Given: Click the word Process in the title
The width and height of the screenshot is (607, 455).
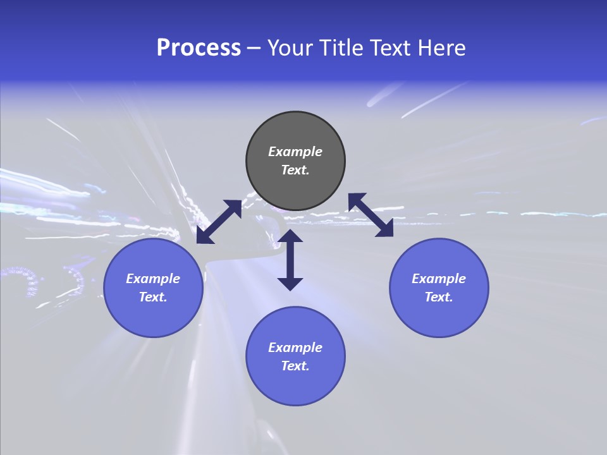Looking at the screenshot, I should click(199, 48).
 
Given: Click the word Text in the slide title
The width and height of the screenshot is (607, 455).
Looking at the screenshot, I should click(392, 48).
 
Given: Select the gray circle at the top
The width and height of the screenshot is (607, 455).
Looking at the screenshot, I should click(295, 133).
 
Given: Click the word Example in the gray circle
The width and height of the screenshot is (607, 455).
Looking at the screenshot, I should click(295, 152).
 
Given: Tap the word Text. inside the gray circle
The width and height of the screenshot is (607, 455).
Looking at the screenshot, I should click(295, 170).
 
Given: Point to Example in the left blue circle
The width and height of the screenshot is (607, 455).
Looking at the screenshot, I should click(153, 279).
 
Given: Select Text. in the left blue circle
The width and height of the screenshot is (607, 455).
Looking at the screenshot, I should click(153, 297).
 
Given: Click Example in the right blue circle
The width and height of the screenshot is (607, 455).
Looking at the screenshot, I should click(439, 279).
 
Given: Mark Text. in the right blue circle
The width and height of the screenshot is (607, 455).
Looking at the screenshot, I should click(439, 297).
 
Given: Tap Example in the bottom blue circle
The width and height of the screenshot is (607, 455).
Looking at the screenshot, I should click(295, 348).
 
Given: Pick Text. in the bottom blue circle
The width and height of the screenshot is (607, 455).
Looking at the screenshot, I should click(295, 366).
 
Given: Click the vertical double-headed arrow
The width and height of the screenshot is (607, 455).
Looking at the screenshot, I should click(290, 260).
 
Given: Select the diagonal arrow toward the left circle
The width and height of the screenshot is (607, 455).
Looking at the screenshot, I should click(219, 222).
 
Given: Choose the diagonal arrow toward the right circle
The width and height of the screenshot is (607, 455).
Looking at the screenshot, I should click(371, 215).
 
